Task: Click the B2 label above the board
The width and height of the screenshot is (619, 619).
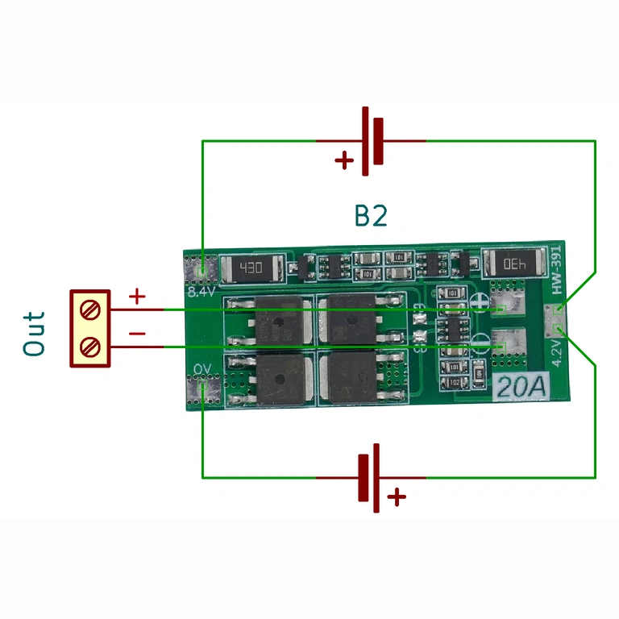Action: pyautogui.click(x=371, y=216)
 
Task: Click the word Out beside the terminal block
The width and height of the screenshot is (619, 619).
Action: pyautogui.click(x=34, y=334)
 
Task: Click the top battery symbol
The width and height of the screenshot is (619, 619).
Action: pyautogui.click(x=372, y=141)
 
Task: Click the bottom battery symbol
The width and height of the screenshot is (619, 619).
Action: pyautogui.click(x=370, y=477)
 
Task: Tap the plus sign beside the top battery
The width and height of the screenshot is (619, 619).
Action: pyautogui.click(x=344, y=160)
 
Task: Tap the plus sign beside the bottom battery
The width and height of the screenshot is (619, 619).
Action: pyautogui.click(x=396, y=497)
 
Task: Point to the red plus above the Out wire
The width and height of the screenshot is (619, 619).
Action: pyautogui.click(x=137, y=297)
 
